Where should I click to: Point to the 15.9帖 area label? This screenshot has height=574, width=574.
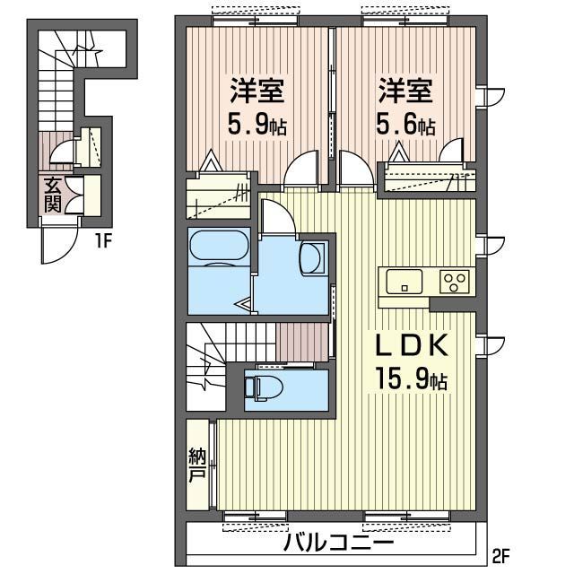pyautogui.click(x=409, y=380)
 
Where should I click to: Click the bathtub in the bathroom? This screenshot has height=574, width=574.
pyautogui.click(x=219, y=248)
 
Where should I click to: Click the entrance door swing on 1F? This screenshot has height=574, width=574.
pyautogui.click(x=61, y=244)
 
